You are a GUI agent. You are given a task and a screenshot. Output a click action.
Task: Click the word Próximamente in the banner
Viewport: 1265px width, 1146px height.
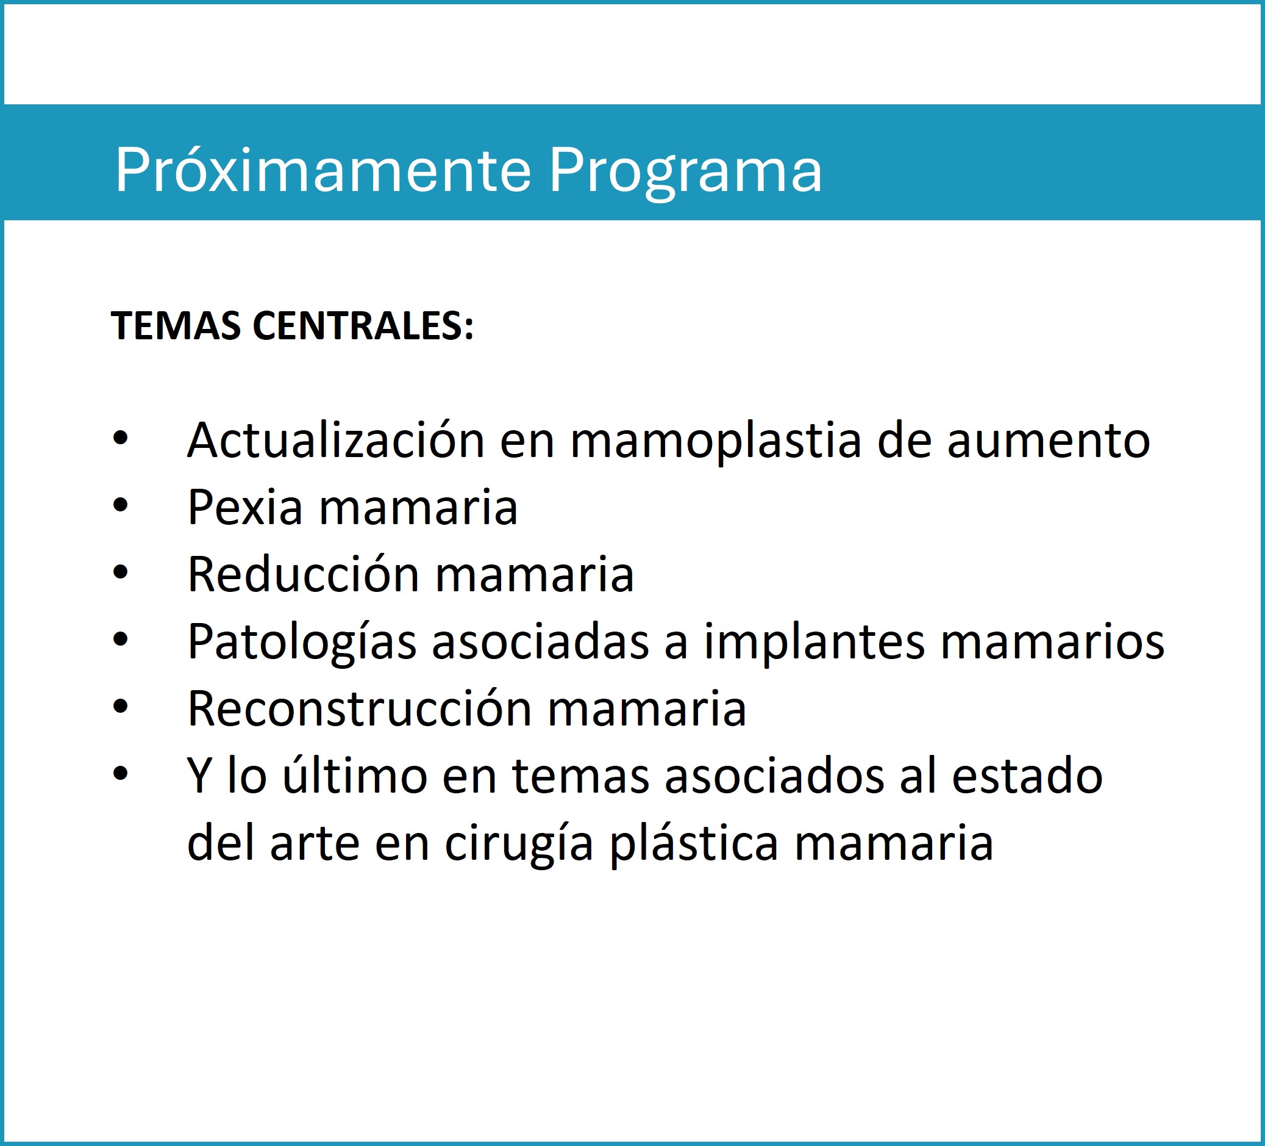323,170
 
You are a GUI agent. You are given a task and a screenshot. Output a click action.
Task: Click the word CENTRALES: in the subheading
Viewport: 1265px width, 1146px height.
363,326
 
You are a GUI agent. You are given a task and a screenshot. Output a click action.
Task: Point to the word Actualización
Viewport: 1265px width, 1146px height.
336,440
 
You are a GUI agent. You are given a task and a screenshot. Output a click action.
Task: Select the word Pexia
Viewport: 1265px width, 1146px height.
245,507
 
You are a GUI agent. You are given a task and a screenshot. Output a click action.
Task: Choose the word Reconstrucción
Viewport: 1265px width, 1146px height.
360,708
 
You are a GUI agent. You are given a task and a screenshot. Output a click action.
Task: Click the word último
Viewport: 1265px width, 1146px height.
355,776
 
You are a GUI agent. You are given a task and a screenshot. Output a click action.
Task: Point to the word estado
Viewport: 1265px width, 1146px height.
1027,777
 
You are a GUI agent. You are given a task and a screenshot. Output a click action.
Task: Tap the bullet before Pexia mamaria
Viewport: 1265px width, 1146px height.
121,505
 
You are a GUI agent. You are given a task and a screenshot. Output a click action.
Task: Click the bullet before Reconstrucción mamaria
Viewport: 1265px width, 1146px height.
121,707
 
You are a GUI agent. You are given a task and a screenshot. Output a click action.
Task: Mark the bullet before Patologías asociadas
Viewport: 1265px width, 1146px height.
121,640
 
